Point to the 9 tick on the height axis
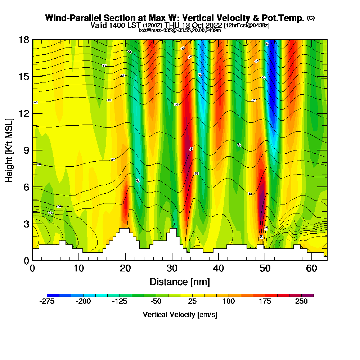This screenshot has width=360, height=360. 26,150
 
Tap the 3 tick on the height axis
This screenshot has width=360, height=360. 26,224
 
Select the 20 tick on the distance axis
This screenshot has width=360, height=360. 125,268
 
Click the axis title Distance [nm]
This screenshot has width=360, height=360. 180,282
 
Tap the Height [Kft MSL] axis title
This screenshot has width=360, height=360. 9,150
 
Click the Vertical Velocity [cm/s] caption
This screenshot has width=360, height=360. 180,315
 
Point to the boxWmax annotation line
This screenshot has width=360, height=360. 180,30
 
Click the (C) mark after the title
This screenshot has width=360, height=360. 311,18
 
